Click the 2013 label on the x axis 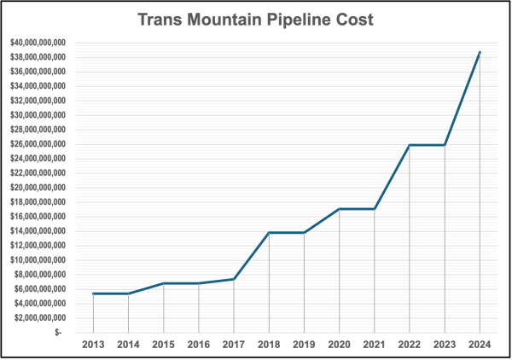click(x=93, y=345)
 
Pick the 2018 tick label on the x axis click(x=269, y=345)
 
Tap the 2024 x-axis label click(x=480, y=345)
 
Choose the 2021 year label click(x=375, y=345)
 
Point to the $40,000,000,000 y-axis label click(x=38, y=43)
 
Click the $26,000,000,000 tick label click(x=38, y=144)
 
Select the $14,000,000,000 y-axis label click(x=38, y=231)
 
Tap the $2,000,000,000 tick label click(x=40, y=318)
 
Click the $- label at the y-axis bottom click(x=58, y=332)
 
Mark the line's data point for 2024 click(x=480, y=52)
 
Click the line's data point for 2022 click(x=410, y=145)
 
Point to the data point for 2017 click(x=234, y=279)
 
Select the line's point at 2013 click(x=93, y=293)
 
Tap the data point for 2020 click(x=340, y=209)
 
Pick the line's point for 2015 click(x=164, y=283)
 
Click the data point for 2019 click(x=304, y=233)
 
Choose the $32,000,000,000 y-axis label click(x=38, y=101)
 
